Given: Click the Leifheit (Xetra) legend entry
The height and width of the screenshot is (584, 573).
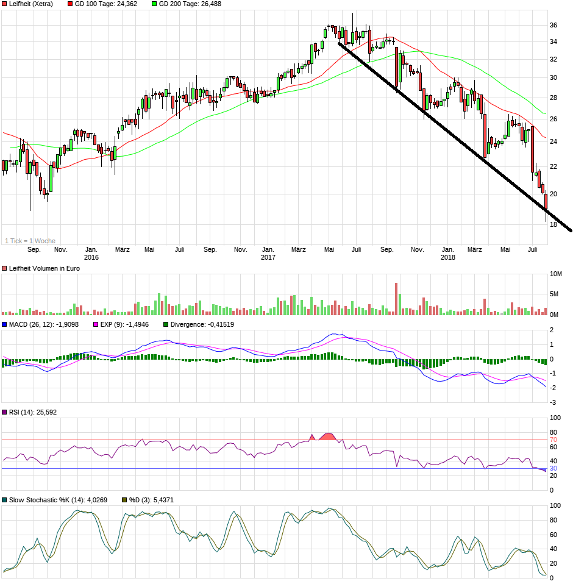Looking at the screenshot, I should (31, 4).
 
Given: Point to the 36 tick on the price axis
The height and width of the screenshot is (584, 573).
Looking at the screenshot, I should (553, 26).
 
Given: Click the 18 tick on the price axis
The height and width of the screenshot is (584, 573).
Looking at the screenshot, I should (553, 224).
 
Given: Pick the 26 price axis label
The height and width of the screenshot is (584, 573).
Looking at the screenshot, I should (553, 119).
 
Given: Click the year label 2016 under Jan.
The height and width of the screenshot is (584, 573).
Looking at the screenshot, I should (91, 257).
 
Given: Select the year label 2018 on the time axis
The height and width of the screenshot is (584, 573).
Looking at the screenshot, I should (448, 257).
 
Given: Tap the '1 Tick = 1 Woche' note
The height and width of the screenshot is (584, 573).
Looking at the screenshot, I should (30, 241).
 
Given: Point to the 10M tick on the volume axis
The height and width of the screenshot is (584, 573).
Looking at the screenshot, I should (555, 274).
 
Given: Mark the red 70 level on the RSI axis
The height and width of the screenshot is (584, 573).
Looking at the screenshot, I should (553, 440).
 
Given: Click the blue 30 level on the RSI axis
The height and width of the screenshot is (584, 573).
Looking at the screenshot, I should (553, 468).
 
